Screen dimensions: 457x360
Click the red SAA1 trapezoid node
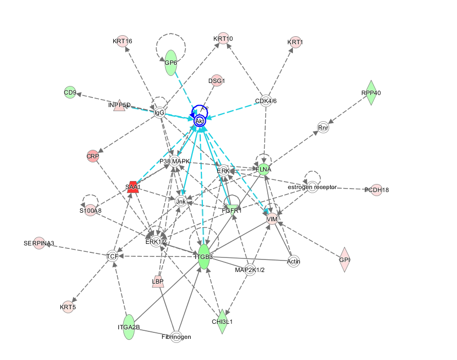(x=132, y=187)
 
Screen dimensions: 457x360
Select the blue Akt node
(x=200, y=121)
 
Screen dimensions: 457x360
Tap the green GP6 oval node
(x=171, y=63)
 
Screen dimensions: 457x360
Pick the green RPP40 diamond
(x=371, y=93)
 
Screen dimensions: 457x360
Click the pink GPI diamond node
(x=344, y=259)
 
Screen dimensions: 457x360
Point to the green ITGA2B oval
(x=128, y=327)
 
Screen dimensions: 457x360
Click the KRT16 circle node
(x=122, y=41)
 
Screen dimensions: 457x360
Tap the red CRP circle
(x=93, y=156)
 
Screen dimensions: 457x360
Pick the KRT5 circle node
(x=67, y=307)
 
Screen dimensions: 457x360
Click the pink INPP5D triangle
(x=119, y=105)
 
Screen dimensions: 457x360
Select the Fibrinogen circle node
(x=176, y=336)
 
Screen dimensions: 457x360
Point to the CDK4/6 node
(x=266, y=101)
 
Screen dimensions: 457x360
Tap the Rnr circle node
(x=323, y=128)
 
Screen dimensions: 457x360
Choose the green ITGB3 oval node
(x=203, y=256)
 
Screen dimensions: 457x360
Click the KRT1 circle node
(x=295, y=42)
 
